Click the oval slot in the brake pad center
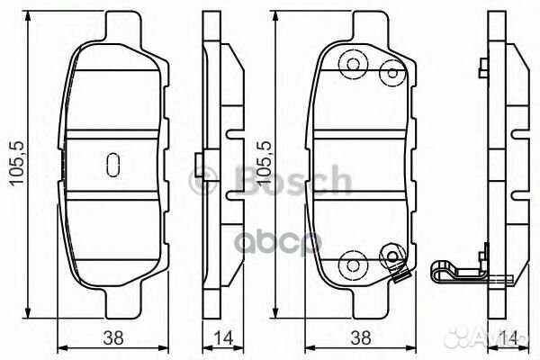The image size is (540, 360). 113,164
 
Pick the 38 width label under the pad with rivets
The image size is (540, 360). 362,339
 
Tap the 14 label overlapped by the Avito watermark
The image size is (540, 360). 509,339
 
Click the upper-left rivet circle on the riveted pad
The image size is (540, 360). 353,64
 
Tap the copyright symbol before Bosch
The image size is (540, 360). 201,181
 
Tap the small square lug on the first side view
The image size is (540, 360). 198,165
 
